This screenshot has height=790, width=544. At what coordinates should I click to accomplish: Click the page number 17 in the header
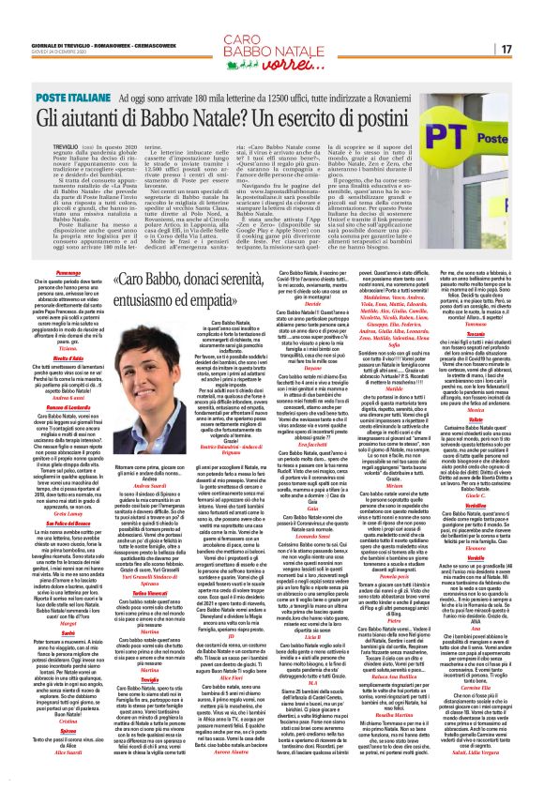click(x=531, y=49)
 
